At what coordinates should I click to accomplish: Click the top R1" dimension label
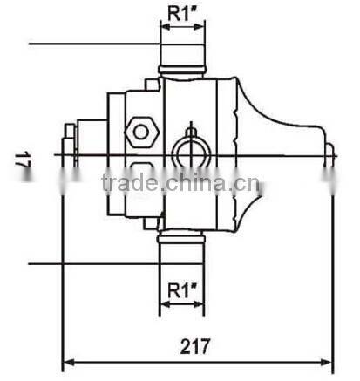click(x=182, y=13)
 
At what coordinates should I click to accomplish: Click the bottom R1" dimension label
click(x=182, y=289)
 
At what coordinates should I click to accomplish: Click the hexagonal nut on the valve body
click(x=139, y=133)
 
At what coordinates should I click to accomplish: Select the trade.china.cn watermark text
click(x=179, y=184)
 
